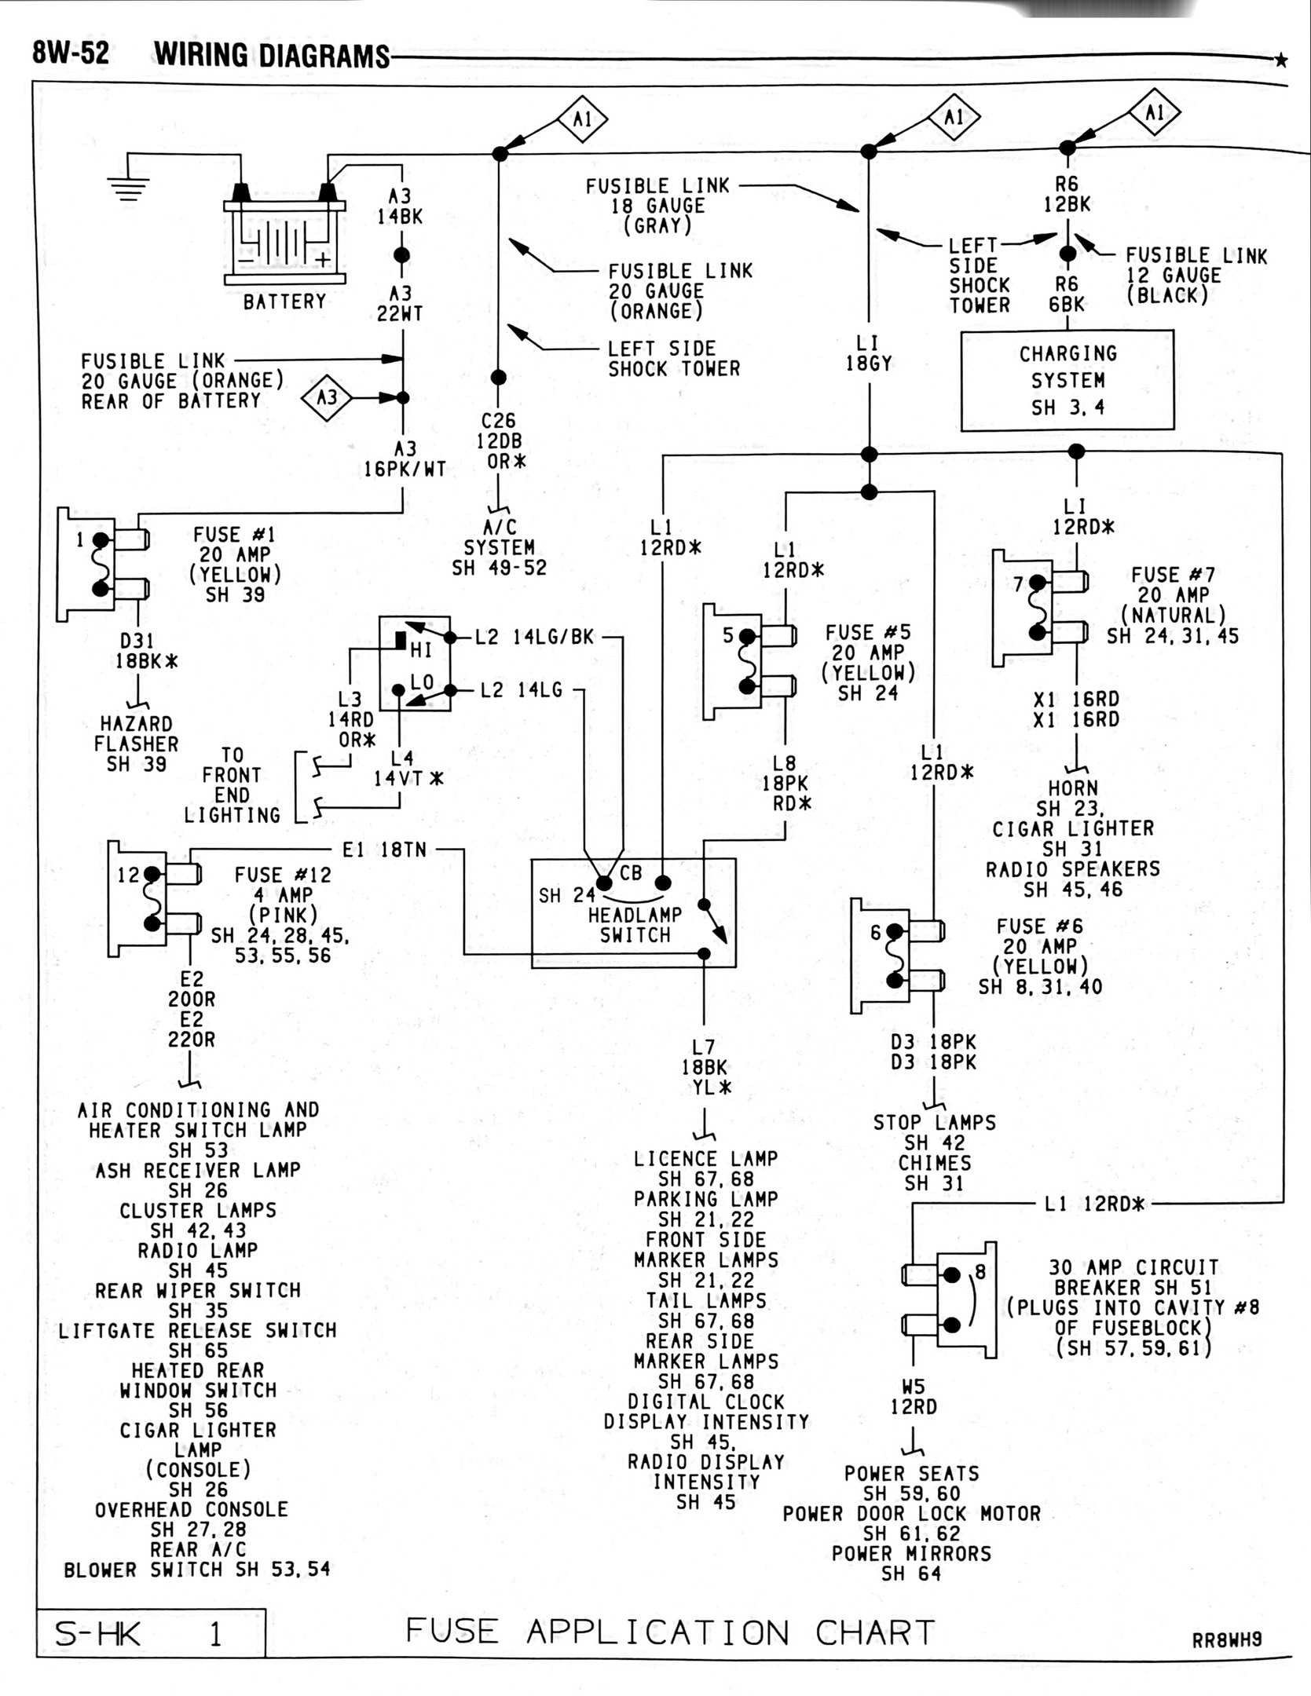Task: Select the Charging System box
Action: [x=1067, y=380]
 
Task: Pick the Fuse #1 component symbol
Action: [x=103, y=565]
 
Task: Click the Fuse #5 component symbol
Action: [x=749, y=661]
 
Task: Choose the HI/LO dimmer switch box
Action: [x=415, y=663]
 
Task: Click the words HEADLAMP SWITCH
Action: [x=635, y=925]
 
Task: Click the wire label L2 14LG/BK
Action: [x=534, y=637]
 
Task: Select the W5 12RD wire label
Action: [x=913, y=1397]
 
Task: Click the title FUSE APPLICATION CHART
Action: [x=670, y=1632]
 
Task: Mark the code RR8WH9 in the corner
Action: [x=1227, y=1639]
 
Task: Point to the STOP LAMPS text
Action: [x=934, y=1123]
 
